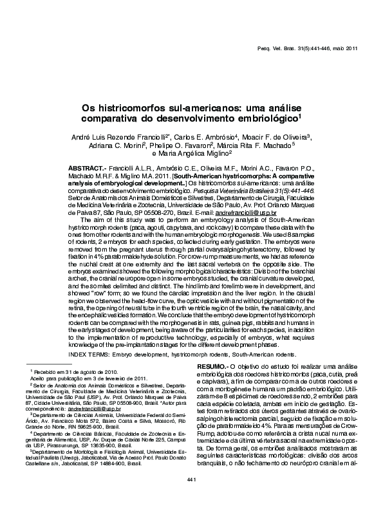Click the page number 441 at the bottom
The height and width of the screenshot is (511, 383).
pyautogui.click(x=191, y=497)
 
